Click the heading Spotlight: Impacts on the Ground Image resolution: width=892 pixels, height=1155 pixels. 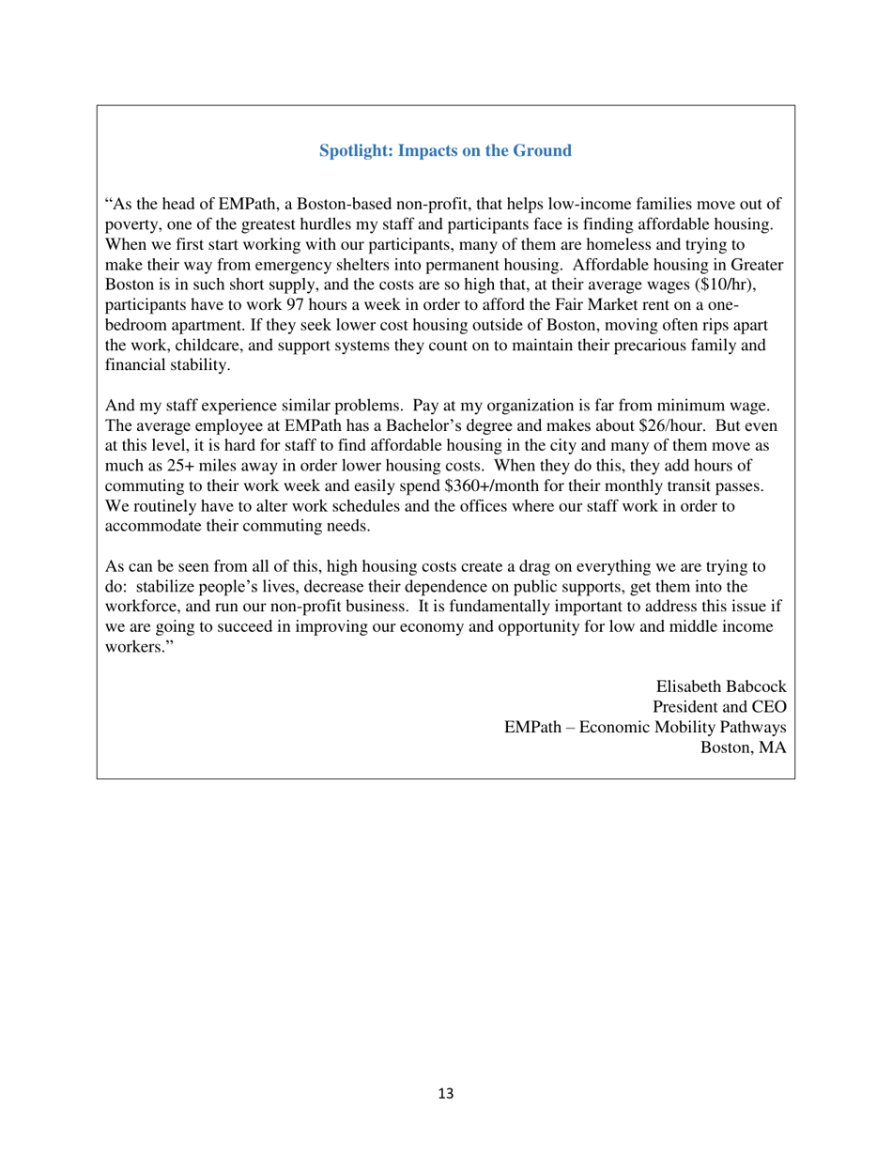click(445, 150)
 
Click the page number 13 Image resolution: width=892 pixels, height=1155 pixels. click(446, 1093)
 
